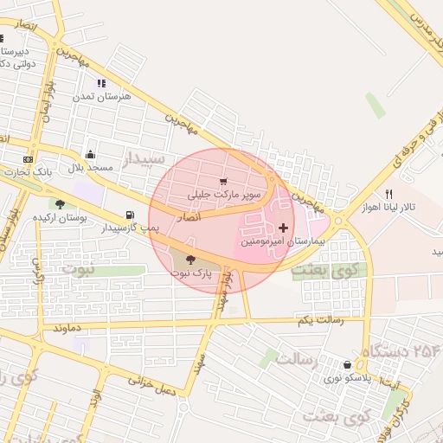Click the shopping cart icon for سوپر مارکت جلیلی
pyautogui.click(x=224, y=182)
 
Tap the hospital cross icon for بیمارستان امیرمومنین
pyautogui.click(x=283, y=228)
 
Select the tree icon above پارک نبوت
pyautogui.click(x=190, y=259)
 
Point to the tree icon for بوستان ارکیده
pyautogui.click(x=60, y=204)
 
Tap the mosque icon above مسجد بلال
pyautogui.click(x=90, y=155)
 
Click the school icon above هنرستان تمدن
pyautogui.click(x=101, y=84)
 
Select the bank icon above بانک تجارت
pyautogui.click(x=29, y=159)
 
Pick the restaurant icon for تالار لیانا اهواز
pyautogui.click(x=388, y=194)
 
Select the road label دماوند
pyautogui.click(x=67, y=329)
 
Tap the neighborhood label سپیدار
pyautogui.click(x=144, y=159)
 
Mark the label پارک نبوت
pyautogui.click(x=190, y=273)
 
